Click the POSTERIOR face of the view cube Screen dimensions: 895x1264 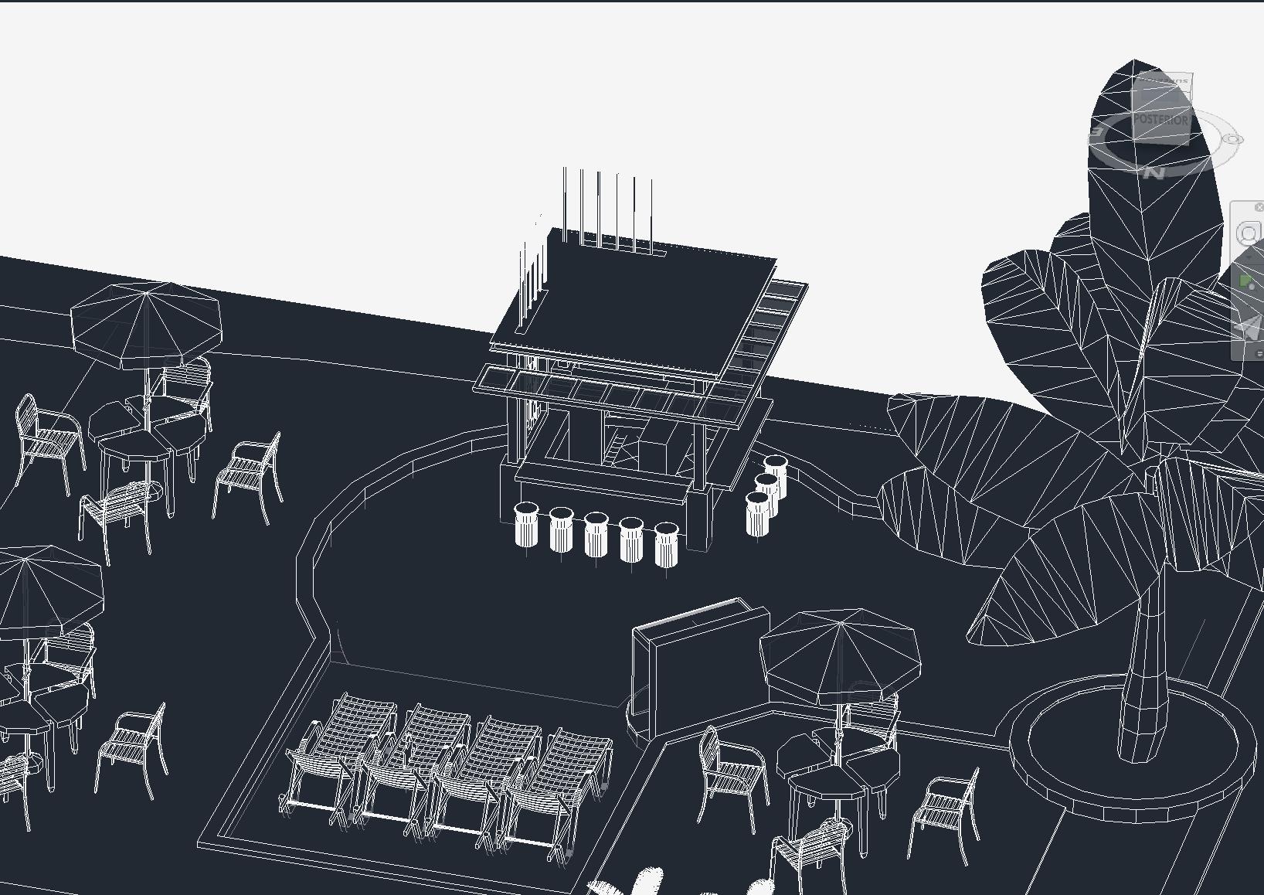(1161, 120)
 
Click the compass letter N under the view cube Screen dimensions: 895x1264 (1154, 172)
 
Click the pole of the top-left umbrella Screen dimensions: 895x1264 (146, 386)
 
